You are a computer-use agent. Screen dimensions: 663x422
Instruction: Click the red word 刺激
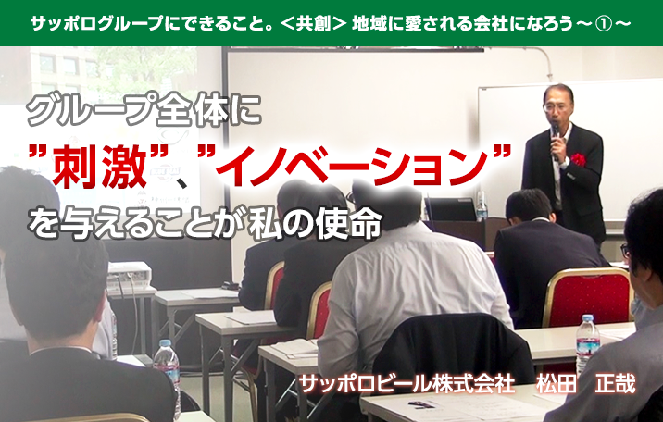point(98,165)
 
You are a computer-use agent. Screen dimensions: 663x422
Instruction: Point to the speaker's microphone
point(556,140)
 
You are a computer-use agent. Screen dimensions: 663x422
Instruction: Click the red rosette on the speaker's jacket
point(578,160)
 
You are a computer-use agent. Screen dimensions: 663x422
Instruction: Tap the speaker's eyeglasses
point(556,106)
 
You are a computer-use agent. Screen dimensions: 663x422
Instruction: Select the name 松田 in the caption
point(557,384)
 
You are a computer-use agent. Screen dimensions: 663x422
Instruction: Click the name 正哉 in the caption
point(615,384)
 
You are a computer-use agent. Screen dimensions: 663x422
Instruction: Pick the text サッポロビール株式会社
point(407,384)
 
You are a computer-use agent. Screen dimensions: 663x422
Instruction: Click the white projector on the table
point(130,276)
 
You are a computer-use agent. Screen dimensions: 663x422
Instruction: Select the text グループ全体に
point(144,112)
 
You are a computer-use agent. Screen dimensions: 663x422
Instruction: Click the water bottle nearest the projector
point(168,367)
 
